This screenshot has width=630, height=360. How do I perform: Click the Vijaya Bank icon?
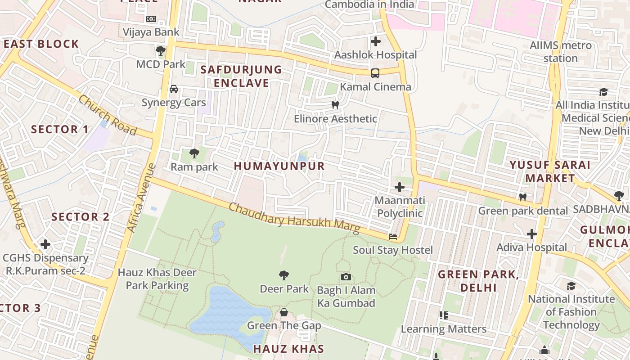tap(151, 19)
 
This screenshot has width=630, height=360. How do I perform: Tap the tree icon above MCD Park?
tap(161, 50)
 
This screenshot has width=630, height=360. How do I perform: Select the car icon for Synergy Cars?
tap(174, 89)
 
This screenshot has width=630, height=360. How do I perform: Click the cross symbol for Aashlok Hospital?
tap(376, 41)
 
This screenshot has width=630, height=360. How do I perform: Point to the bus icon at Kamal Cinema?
tap(375, 73)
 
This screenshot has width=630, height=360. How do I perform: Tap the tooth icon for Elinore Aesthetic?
tap(335, 105)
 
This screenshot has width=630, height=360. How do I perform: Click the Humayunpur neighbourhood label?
tap(279, 166)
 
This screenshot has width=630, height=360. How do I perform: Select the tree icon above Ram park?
tap(194, 153)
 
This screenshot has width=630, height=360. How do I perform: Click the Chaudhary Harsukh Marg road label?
tap(294, 219)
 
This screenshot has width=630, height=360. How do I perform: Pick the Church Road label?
tap(108, 115)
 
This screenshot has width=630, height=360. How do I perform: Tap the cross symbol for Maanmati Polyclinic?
tap(400, 187)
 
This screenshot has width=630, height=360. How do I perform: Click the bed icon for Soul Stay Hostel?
tap(393, 237)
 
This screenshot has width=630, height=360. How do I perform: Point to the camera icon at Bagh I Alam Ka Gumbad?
tap(346, 277)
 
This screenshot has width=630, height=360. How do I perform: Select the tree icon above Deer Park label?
tap(284, 275)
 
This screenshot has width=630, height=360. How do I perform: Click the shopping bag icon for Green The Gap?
tap(284, 312)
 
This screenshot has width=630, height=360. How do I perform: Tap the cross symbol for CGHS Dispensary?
tap(45, 244)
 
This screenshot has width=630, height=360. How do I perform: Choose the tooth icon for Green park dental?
tap(523, 197)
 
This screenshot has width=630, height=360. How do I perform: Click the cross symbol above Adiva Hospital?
tap(532, 234)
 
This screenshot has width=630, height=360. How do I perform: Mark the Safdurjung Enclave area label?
tap(241, 76)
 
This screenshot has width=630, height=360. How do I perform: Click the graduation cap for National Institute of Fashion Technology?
tap(571, 285)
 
